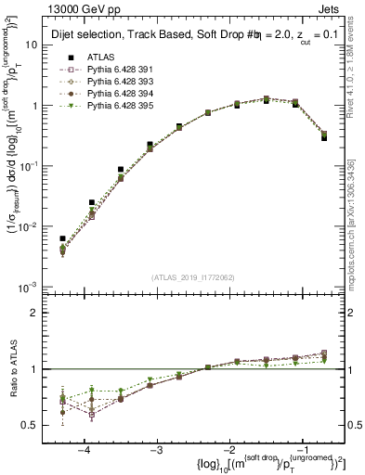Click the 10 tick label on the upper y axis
click(x=35, y=45)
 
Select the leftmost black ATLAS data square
click(x=62, y=238)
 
